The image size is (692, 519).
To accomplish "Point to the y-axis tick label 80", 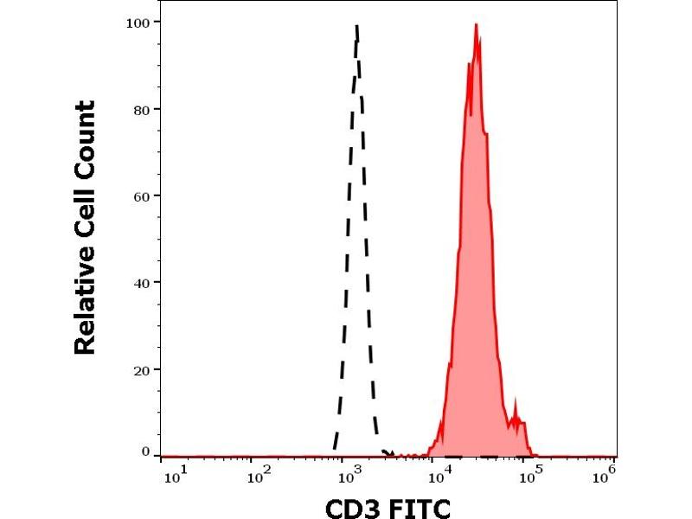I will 141,110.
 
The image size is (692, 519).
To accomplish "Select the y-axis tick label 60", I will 141,195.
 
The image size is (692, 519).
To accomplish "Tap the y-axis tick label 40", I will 141,283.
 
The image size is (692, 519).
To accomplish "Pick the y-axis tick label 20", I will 141,369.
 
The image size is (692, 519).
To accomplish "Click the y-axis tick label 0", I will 145,452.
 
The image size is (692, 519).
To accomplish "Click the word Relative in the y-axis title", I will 85,302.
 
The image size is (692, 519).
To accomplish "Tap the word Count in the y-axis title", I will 85,138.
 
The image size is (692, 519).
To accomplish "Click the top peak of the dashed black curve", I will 356,27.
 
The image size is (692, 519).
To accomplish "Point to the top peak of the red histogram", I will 476,25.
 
